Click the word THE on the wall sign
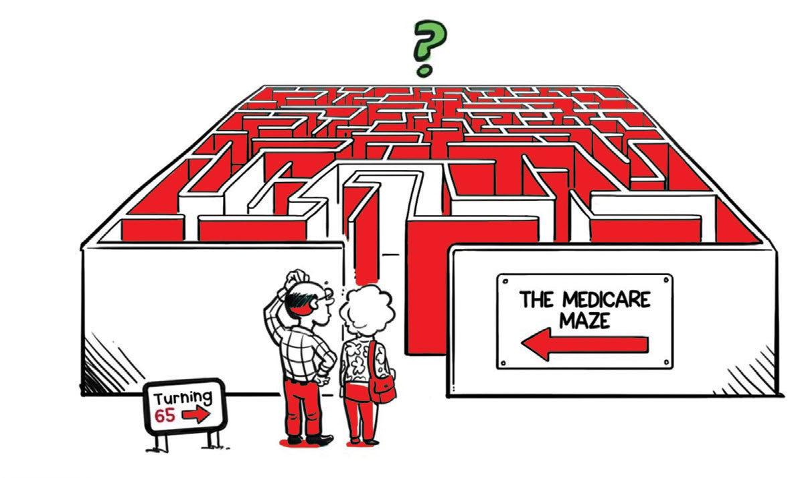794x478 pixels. point(536,299)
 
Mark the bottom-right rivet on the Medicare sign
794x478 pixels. point(664,362)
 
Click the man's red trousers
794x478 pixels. point(305,408)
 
